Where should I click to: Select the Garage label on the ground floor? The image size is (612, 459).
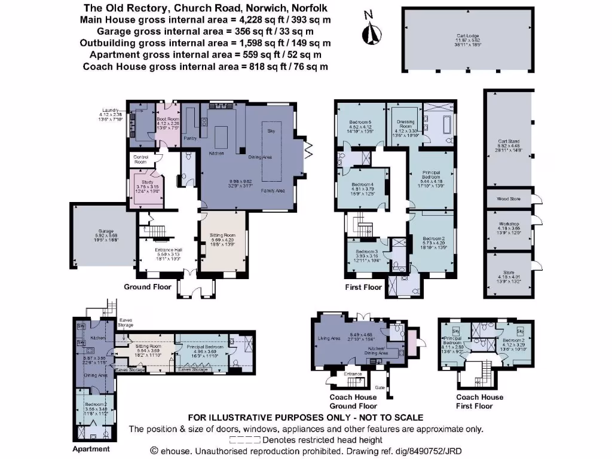pyautogui.click(x=98, y=231)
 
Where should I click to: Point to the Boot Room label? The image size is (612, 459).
pyautogui.click(x=168, y=119)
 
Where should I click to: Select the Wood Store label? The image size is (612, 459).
pyautogui.click(x=509, y=198)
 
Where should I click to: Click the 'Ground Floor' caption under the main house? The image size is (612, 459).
pyautogui.click(x=148, y=287)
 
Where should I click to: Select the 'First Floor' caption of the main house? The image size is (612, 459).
pyautogui.click(x=363, y=287)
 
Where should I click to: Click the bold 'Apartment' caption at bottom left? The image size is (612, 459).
pyautogui.click(x=91, y=449)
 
